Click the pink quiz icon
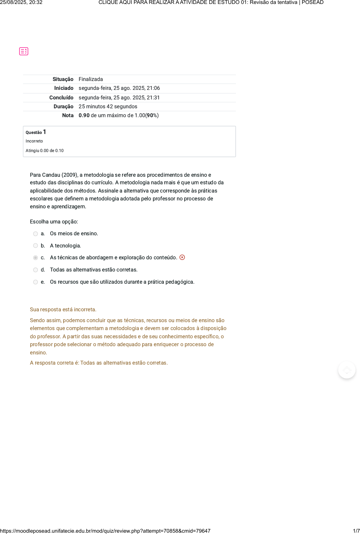pyautogui.click(x=24, y=51)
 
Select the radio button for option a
pyautogui.click(x=36, y=234)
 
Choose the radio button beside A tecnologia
pyautogui.click(x=36, y=246)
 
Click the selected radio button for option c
pyautogui.click(x=36, y=258)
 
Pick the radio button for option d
pyautogui.click(x=36, y=270)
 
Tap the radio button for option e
pyautogui.click(x=36, y=282)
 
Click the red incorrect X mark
pyautogui.click(x=182, y=257)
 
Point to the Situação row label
pyautogui.click(x=63, y=79)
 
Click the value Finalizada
pyautogui.click(x=91, y=79)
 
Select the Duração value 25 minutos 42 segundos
pyautogui.click(x=108, y=107)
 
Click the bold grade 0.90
pyautogui.click(x=84, y=115)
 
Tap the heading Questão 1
pyautogui.click(x=36, y=132)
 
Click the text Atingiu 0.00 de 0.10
pyautogui.click(x=45, y=151)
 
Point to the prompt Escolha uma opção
pyautogui.click(x=54, y=222)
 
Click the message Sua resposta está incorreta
pyautogui.click(x=63, y=310)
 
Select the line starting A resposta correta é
pyautogui.click(x=99, y=363)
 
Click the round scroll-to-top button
pyautogui.click(x=347, y=370)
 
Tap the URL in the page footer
pyautogui.click(x=105, y=531)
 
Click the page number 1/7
pyautogui.click(x=356, y=531)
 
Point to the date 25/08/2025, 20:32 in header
pyautogui.click(x=21, y=3)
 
